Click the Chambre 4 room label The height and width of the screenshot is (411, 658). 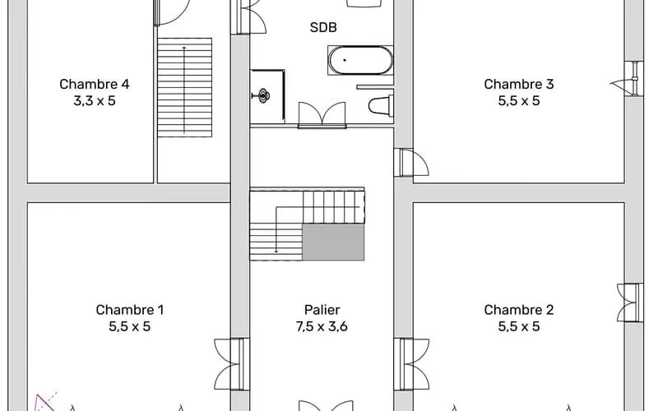point(95,85)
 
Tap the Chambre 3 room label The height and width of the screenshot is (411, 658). point(519,85)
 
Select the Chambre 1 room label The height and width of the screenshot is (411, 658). point(130,310)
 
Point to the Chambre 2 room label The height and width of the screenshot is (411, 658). point(519,310)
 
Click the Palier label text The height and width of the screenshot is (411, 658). point(322,310)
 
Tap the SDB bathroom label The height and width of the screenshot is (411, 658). point(323,28)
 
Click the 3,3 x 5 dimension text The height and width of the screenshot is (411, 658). point(95,101)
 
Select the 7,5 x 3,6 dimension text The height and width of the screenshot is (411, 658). point(322,326)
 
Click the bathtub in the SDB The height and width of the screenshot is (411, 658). point(360,60)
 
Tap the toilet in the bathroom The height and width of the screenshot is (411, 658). point(381,105)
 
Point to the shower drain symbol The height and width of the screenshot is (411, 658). point(263,95)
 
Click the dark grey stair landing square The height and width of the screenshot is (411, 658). point(333,242)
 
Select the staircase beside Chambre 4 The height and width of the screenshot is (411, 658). point(184,87)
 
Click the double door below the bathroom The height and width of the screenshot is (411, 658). point(322,115)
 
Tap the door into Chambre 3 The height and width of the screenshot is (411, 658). point(412,162)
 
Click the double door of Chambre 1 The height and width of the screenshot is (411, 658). point(229,364)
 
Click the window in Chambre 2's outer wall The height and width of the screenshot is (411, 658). point(630,302)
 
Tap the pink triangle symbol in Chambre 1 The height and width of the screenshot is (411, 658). point(44,404)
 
